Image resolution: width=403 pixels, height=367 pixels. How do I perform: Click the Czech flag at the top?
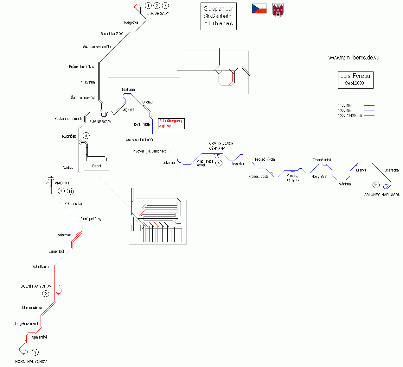pyautogui.click(x=259, y=9)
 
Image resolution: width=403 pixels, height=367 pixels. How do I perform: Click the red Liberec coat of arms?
pyautogui.click(x=278, y=10)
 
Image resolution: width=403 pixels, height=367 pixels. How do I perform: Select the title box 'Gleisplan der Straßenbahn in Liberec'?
pyautogui.click(x=218, y=16)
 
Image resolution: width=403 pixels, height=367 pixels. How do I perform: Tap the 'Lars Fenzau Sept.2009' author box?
pyautogui.click(x=355, y=80)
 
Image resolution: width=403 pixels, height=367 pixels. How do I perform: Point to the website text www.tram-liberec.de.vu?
pyautogui.click(x=354, y=58)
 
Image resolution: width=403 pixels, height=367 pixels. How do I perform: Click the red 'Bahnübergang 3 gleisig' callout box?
pyautogui.click(x=171, y=123)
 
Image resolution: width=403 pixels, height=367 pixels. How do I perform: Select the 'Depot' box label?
pyautogui.click(x=96, y=166)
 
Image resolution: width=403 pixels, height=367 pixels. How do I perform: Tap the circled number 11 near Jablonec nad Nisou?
pyautogui.click(x=376, y=185)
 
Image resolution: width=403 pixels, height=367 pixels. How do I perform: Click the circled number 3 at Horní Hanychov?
pyautogui.click(x=35, y=352)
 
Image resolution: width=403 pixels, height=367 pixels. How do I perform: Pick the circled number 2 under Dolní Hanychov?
pyautogui.click(x=46, y=294)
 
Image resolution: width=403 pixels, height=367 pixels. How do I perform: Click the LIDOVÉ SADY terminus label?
pyautogui.click(x=158, y=14)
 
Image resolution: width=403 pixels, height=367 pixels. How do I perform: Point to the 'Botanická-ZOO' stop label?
pyautogui.click(x=112, y=34)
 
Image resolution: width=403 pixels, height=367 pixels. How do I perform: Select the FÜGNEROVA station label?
pyautogui.click(x=100, y=122)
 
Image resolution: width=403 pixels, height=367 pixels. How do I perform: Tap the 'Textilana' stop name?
pyautogui.click(x=128, y=90)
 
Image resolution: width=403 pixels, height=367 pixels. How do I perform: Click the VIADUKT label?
pyautogui.click(x=62, y=183)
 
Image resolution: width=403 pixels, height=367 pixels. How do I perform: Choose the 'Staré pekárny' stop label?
pyautogui.click(x=91, y=219)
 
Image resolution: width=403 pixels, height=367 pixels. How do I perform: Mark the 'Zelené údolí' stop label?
pyautogui.click(x=322, y=160)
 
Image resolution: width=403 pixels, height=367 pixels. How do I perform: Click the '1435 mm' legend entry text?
pyautogui.click(x=344, y=105)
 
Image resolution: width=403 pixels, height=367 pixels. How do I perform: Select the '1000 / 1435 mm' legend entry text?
pyautogui.click(x=350, y=115)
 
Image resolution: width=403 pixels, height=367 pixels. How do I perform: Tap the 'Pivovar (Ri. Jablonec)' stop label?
pyautogui.click(x=149, y=151)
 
